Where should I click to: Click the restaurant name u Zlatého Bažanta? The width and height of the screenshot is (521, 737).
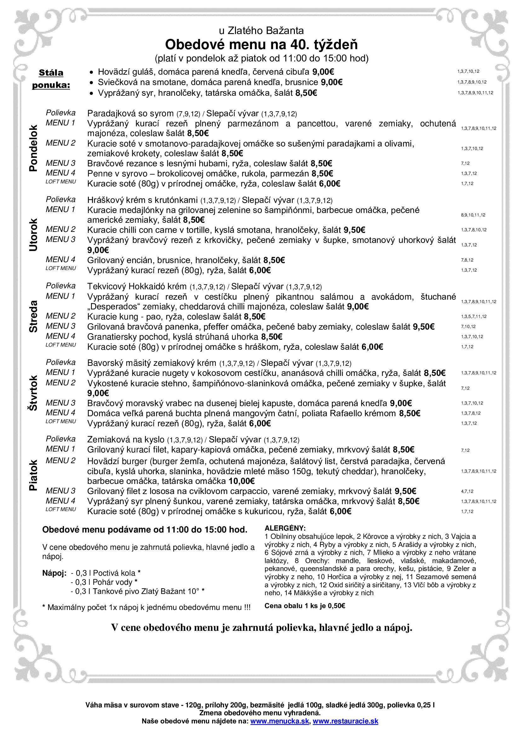click(x=261, y=31)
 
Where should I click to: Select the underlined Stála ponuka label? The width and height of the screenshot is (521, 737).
click(x=51, y=79)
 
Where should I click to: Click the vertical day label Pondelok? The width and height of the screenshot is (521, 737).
click(x=33, y=148)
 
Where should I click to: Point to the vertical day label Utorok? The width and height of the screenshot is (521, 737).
click(x=33, y=235)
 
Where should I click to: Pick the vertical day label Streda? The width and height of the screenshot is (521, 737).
click(x=33, y=316)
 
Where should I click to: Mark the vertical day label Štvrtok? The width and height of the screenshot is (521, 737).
click(x=33, y=393)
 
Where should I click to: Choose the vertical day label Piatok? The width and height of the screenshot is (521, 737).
click(x=33, y=475)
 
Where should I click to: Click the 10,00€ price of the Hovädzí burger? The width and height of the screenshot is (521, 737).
click(x=242, y=481)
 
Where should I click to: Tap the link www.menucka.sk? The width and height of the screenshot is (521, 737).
click(x=279, y=721)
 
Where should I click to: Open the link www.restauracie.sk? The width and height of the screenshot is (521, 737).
click(x=346, y=721)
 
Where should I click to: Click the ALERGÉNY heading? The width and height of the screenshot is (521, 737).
click(x=285, y=528)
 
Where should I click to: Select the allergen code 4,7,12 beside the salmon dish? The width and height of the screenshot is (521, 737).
click(x=467, y=492)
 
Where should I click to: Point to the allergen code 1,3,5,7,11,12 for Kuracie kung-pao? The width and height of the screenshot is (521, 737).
click(x=473, y=316)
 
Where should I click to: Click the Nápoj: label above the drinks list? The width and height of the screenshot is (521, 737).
click(x=54, y=573)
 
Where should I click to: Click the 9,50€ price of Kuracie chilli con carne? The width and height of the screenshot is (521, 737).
click(x=354, y=230)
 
